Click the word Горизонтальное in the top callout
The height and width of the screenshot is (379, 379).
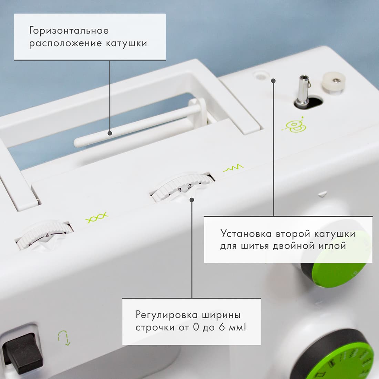click(69, 31)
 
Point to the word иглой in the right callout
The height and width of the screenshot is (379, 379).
click(334, 246)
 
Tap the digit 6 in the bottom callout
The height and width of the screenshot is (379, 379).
click(222, 327)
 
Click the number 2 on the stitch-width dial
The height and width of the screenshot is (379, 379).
click(189, 186)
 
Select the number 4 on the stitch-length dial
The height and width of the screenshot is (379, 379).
click(48, 235)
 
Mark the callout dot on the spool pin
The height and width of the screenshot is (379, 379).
click(110, 133)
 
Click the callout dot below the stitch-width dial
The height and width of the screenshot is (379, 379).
click(192, 200)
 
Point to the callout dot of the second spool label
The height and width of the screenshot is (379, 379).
click(273, 81)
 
